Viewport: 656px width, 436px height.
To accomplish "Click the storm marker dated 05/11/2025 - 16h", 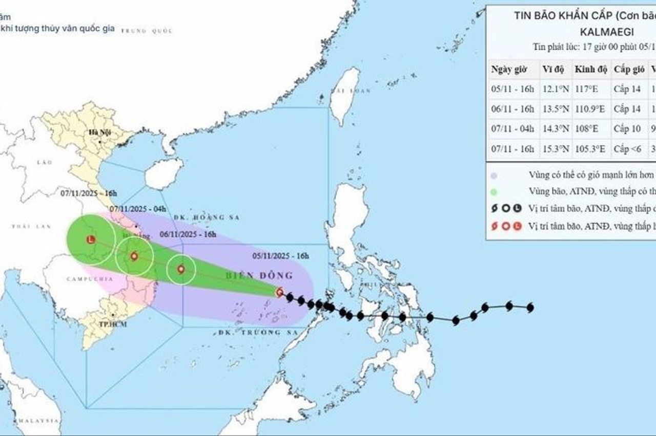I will (x=279, y=292).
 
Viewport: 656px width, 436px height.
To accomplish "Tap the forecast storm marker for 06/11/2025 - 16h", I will (x=181, y=269).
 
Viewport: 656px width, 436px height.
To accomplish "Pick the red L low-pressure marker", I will (x=91, y=239).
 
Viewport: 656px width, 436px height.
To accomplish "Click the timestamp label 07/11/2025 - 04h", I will (x=138, y=209).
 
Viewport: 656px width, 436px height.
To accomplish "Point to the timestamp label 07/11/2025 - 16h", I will (x=89, y=193).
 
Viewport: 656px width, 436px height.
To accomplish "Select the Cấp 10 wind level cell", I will (x=627, y=129).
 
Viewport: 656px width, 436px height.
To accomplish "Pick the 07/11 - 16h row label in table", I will (x=512, y=149).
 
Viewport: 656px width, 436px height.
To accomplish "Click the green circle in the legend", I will (x=495, y=192).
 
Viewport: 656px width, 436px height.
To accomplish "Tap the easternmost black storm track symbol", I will (x=530, y=307).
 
